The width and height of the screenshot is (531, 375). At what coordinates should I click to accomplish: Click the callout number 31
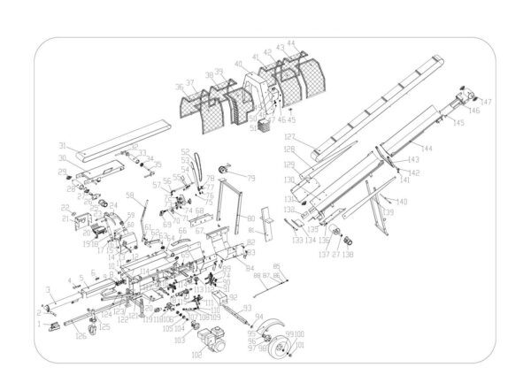pyautogui.click(x=63, y=145)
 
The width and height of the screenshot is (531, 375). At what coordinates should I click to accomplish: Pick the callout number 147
pyautogui.click(x=486, y=103)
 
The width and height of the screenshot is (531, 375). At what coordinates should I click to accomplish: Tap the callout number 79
pyautogui.click(x=250, y=179)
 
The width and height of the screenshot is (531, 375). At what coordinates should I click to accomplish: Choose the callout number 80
pyautogui.click(x=250, y=218)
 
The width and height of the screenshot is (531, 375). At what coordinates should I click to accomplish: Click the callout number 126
pyautogui.click(x=81, y=334)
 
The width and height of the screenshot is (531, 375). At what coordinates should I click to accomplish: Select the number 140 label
pyautogui.click(x=403, y=203)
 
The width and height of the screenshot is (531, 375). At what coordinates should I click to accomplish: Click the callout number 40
pyautogui.click(x=238, y=64)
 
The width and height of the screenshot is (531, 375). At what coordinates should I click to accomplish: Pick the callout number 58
pyautogui.click(x=130, y=195)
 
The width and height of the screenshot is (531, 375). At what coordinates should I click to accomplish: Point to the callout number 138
pyautogui.click(x=350, y=255)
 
